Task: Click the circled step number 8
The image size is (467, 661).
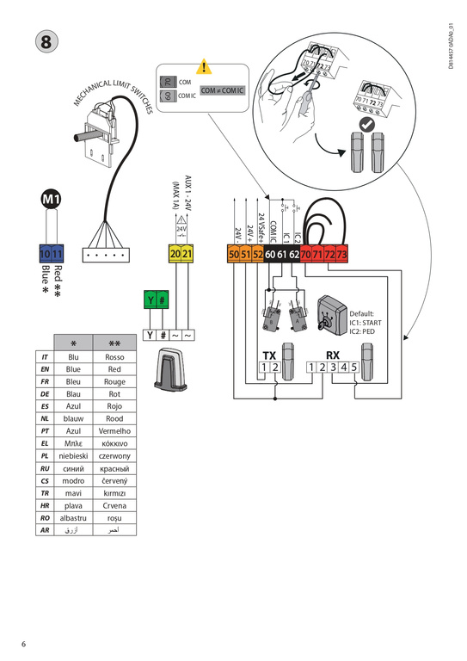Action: tap(42, 41)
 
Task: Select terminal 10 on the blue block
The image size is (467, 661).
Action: tap(46, 254)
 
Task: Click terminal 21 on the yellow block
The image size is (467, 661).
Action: tap(187, 254)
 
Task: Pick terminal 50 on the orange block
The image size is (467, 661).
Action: tap(233, 255)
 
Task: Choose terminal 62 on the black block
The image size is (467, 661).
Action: tap(293, 255)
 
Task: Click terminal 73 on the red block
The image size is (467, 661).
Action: tap(341, 255)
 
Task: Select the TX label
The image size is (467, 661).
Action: tap(269, 355)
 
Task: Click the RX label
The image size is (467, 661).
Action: tap(334, 355)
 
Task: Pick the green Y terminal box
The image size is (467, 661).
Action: tap(151, 300)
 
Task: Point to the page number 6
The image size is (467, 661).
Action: tap(24, 644)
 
